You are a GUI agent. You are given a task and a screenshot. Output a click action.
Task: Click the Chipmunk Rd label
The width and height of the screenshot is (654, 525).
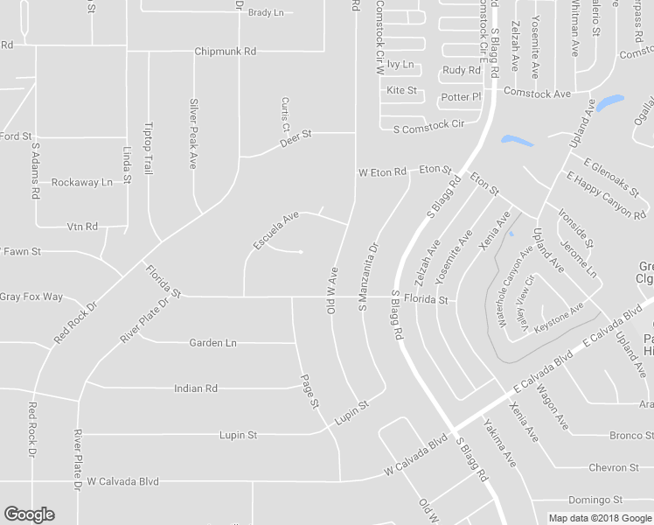click(225, 52)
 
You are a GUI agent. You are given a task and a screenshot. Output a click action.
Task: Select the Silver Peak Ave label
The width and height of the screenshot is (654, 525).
click(194, 133)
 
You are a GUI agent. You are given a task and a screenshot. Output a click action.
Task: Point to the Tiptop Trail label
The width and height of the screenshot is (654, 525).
click(148, 144)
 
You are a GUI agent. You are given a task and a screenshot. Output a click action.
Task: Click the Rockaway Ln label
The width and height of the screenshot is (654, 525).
click(82, 182)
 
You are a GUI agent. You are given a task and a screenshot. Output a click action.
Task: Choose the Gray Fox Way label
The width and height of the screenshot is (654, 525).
click(31, 297)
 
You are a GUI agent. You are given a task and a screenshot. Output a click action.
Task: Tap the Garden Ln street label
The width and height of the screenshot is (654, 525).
click(212, 343)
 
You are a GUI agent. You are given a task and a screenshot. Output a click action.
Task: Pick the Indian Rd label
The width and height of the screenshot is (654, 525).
click(195, 388)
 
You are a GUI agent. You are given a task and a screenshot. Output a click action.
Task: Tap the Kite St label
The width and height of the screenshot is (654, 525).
click(401, 90)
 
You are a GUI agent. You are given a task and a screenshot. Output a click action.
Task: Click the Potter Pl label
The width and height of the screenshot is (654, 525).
click(462, 96)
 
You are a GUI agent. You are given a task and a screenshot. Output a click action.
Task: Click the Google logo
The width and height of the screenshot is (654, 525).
click(29, 514)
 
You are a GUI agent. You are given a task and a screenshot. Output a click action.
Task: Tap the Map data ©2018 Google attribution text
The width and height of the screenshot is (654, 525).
click(599, 518)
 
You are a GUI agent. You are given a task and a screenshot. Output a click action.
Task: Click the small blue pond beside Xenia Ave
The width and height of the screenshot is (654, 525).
click(510, 234)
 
